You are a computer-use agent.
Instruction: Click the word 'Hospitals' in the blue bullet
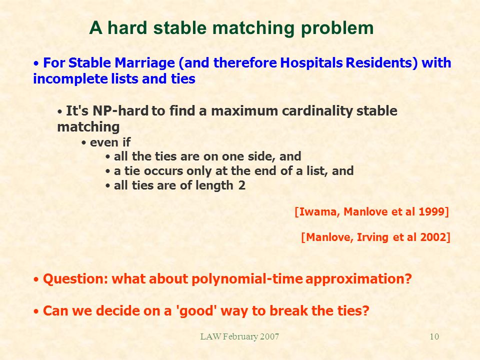(311, 63)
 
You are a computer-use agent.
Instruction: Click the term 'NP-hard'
(120, 111)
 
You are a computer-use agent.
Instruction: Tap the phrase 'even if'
(110, 142)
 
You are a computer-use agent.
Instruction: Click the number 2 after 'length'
(242, 185)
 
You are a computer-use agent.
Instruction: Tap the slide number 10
(434, 336)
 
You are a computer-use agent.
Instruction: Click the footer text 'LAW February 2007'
(239, 336)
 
